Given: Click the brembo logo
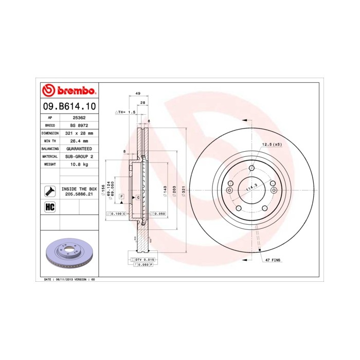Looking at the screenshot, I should (x=68, y=91).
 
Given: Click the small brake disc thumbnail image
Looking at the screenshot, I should (x=68, y=254).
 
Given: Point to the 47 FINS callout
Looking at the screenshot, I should (x=273, y=261).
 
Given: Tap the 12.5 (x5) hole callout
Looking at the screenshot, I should (x=272, y=145).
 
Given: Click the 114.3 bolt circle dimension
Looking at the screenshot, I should (x=252, y=189).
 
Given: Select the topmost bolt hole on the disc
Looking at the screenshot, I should (x=251, y=168).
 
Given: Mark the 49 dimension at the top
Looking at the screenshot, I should (x=138, y=93).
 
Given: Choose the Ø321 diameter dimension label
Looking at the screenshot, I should (x=183, y=190).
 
